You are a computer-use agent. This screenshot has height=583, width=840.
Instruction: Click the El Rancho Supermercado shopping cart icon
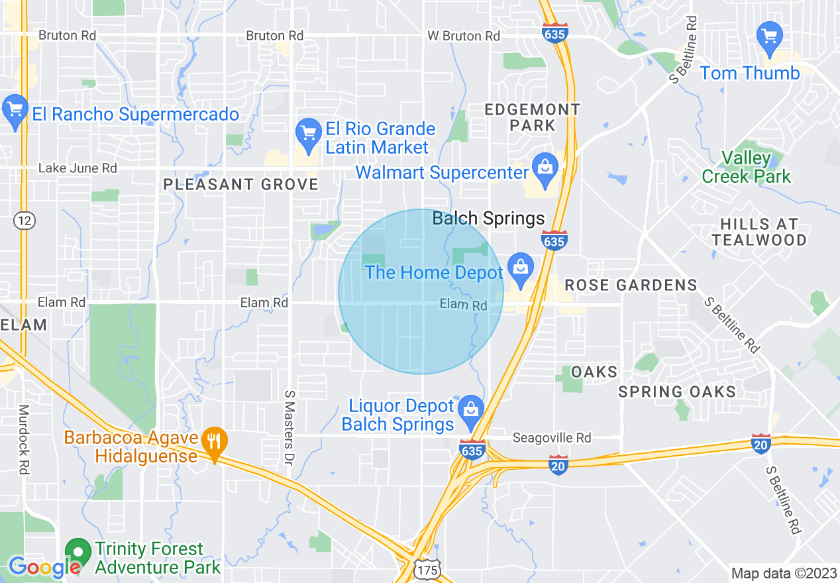click(15, 108)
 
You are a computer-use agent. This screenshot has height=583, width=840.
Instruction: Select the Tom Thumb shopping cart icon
click(770, 35)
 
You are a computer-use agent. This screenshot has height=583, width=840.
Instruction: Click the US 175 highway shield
click(428, 569)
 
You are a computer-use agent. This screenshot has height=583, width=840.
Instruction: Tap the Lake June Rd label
click(78, 168)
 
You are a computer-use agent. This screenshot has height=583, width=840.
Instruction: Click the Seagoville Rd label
click(552, 438)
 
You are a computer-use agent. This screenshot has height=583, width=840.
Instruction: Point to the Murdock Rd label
click(24, 439)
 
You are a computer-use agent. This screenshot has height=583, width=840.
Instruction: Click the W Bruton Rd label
click(464, 36)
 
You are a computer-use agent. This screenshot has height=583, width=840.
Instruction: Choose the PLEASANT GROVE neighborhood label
click(241, 185)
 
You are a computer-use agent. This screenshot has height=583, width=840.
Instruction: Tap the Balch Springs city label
click(488, 219)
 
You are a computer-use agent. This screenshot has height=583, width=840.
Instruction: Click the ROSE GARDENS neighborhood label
click(631, 286)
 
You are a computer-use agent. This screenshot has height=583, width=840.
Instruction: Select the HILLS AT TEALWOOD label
click(760, 232)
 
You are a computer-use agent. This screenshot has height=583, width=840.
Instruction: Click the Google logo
click(44, 567)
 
